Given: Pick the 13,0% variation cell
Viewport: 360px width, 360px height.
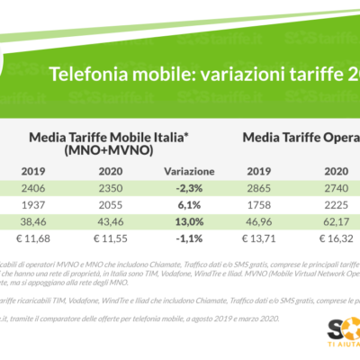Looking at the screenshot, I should (x=183, y=219).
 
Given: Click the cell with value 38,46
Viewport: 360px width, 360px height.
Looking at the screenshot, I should (x=34, y=219).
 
